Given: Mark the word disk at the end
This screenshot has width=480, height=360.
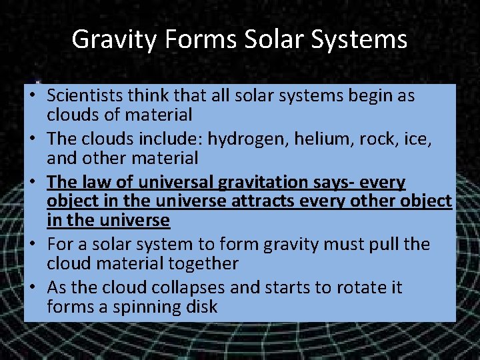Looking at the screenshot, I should [x=200, y=307].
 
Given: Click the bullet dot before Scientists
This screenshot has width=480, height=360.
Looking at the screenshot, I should [x=32, y=96].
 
